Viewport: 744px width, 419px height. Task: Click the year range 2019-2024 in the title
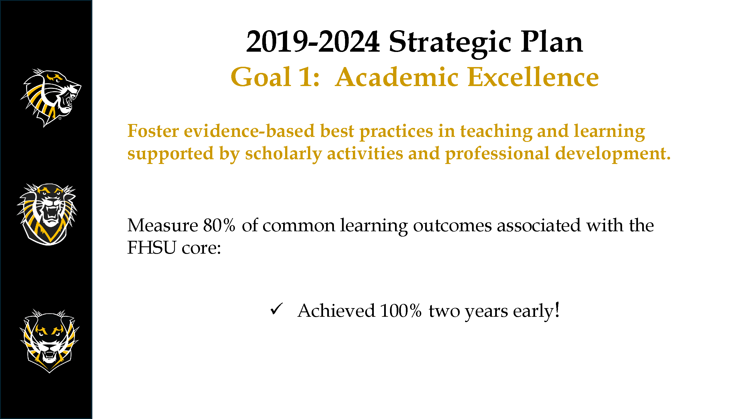click(x=313, y=42)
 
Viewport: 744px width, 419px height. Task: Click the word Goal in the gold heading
click(x=261, y=77)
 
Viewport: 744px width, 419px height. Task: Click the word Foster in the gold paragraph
click(x=153, y=131)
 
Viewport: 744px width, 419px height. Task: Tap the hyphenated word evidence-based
click(x=249, y=131)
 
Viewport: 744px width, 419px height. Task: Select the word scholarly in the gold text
click(x=283, y=154)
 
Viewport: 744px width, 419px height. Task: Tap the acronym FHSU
click(x=152, y=247)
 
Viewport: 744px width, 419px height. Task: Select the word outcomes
click(x=452, y=225)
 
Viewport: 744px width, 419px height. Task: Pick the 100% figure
click(x=401, y=311)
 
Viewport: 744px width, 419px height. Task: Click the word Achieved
click(x=336, y=311)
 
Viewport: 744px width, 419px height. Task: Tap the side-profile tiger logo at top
click(x=51, y=98)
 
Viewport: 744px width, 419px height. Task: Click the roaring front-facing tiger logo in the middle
click(x=47, y=214)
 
